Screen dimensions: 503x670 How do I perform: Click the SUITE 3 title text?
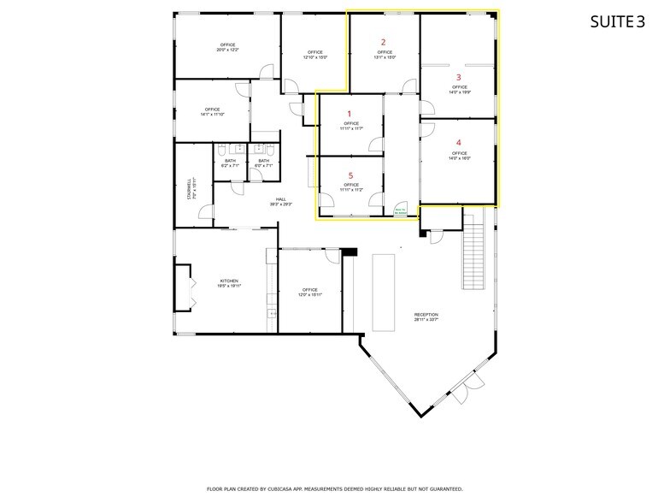617,22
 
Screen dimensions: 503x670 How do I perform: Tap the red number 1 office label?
348,113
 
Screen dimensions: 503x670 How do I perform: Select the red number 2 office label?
384,42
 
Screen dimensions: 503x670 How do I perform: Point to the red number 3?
459,77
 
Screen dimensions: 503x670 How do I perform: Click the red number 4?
459,143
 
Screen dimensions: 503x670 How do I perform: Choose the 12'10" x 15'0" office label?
314,55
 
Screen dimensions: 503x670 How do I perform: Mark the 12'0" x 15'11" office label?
309,292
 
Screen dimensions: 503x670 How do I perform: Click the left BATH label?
230,163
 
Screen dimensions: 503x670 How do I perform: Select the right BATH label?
263,163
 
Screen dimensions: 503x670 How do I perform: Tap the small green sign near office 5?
400,210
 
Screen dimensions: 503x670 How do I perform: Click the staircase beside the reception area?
473,252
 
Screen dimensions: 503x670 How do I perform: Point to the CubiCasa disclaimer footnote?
335,488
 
